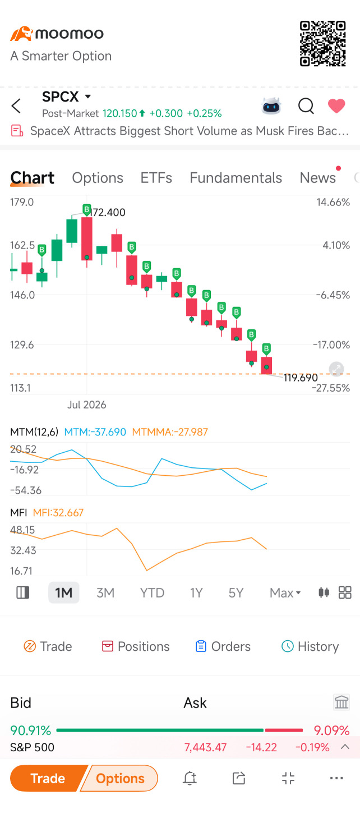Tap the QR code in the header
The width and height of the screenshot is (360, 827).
point(323,44)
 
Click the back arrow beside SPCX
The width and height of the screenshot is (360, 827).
point(16,106)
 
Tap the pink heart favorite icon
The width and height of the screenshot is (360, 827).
point(336,106)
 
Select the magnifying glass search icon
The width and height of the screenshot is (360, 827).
point(306,106)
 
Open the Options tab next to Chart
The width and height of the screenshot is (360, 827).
point(98,178)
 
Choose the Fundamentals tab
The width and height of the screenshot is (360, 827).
point(236,178)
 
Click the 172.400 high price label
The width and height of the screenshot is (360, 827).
point(108,212)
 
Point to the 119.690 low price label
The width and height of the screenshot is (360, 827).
point(301,378)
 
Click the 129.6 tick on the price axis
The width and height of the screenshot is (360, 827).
point(22,345)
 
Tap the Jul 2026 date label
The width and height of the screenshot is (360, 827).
point(87,405)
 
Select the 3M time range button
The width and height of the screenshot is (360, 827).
point(105,593)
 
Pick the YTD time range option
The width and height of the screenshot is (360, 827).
point(152,593)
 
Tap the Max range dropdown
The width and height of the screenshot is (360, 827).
point(285,593)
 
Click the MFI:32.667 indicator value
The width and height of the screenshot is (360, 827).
point(58,512)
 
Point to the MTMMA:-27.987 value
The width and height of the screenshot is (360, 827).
point(170,432)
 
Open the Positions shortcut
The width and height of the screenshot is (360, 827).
point(136,646)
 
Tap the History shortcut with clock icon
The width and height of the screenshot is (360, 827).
point(310,646)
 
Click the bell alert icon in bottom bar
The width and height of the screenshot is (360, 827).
point(190,778)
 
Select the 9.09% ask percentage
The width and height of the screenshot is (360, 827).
point(331,730)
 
